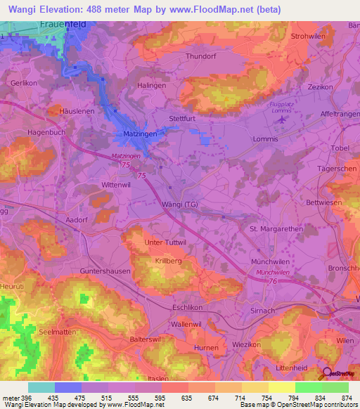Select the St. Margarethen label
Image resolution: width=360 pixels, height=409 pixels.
click(276, 228)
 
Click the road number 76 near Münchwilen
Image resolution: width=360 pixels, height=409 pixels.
click(272, 280)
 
